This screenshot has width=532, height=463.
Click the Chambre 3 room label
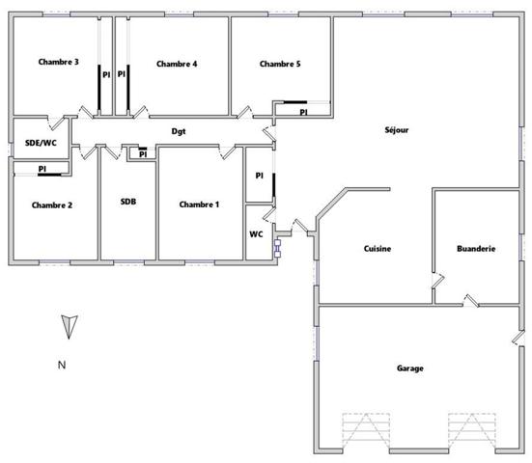58,63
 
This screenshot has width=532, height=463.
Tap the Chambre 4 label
177,64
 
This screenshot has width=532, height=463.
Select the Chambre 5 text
280,64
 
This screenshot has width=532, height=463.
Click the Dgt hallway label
179,130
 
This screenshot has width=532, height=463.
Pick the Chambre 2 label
51,204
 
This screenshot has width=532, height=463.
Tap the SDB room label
128,202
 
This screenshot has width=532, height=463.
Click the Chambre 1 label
199,204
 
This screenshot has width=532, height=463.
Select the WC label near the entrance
256,233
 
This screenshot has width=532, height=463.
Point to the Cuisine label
377,248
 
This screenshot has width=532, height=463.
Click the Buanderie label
476,248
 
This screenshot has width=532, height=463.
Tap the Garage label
410,368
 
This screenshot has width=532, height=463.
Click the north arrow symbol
66,327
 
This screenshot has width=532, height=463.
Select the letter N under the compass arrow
61,365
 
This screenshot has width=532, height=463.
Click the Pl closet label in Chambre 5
303,113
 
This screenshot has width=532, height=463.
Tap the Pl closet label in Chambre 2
42,170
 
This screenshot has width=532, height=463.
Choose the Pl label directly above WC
259,176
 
